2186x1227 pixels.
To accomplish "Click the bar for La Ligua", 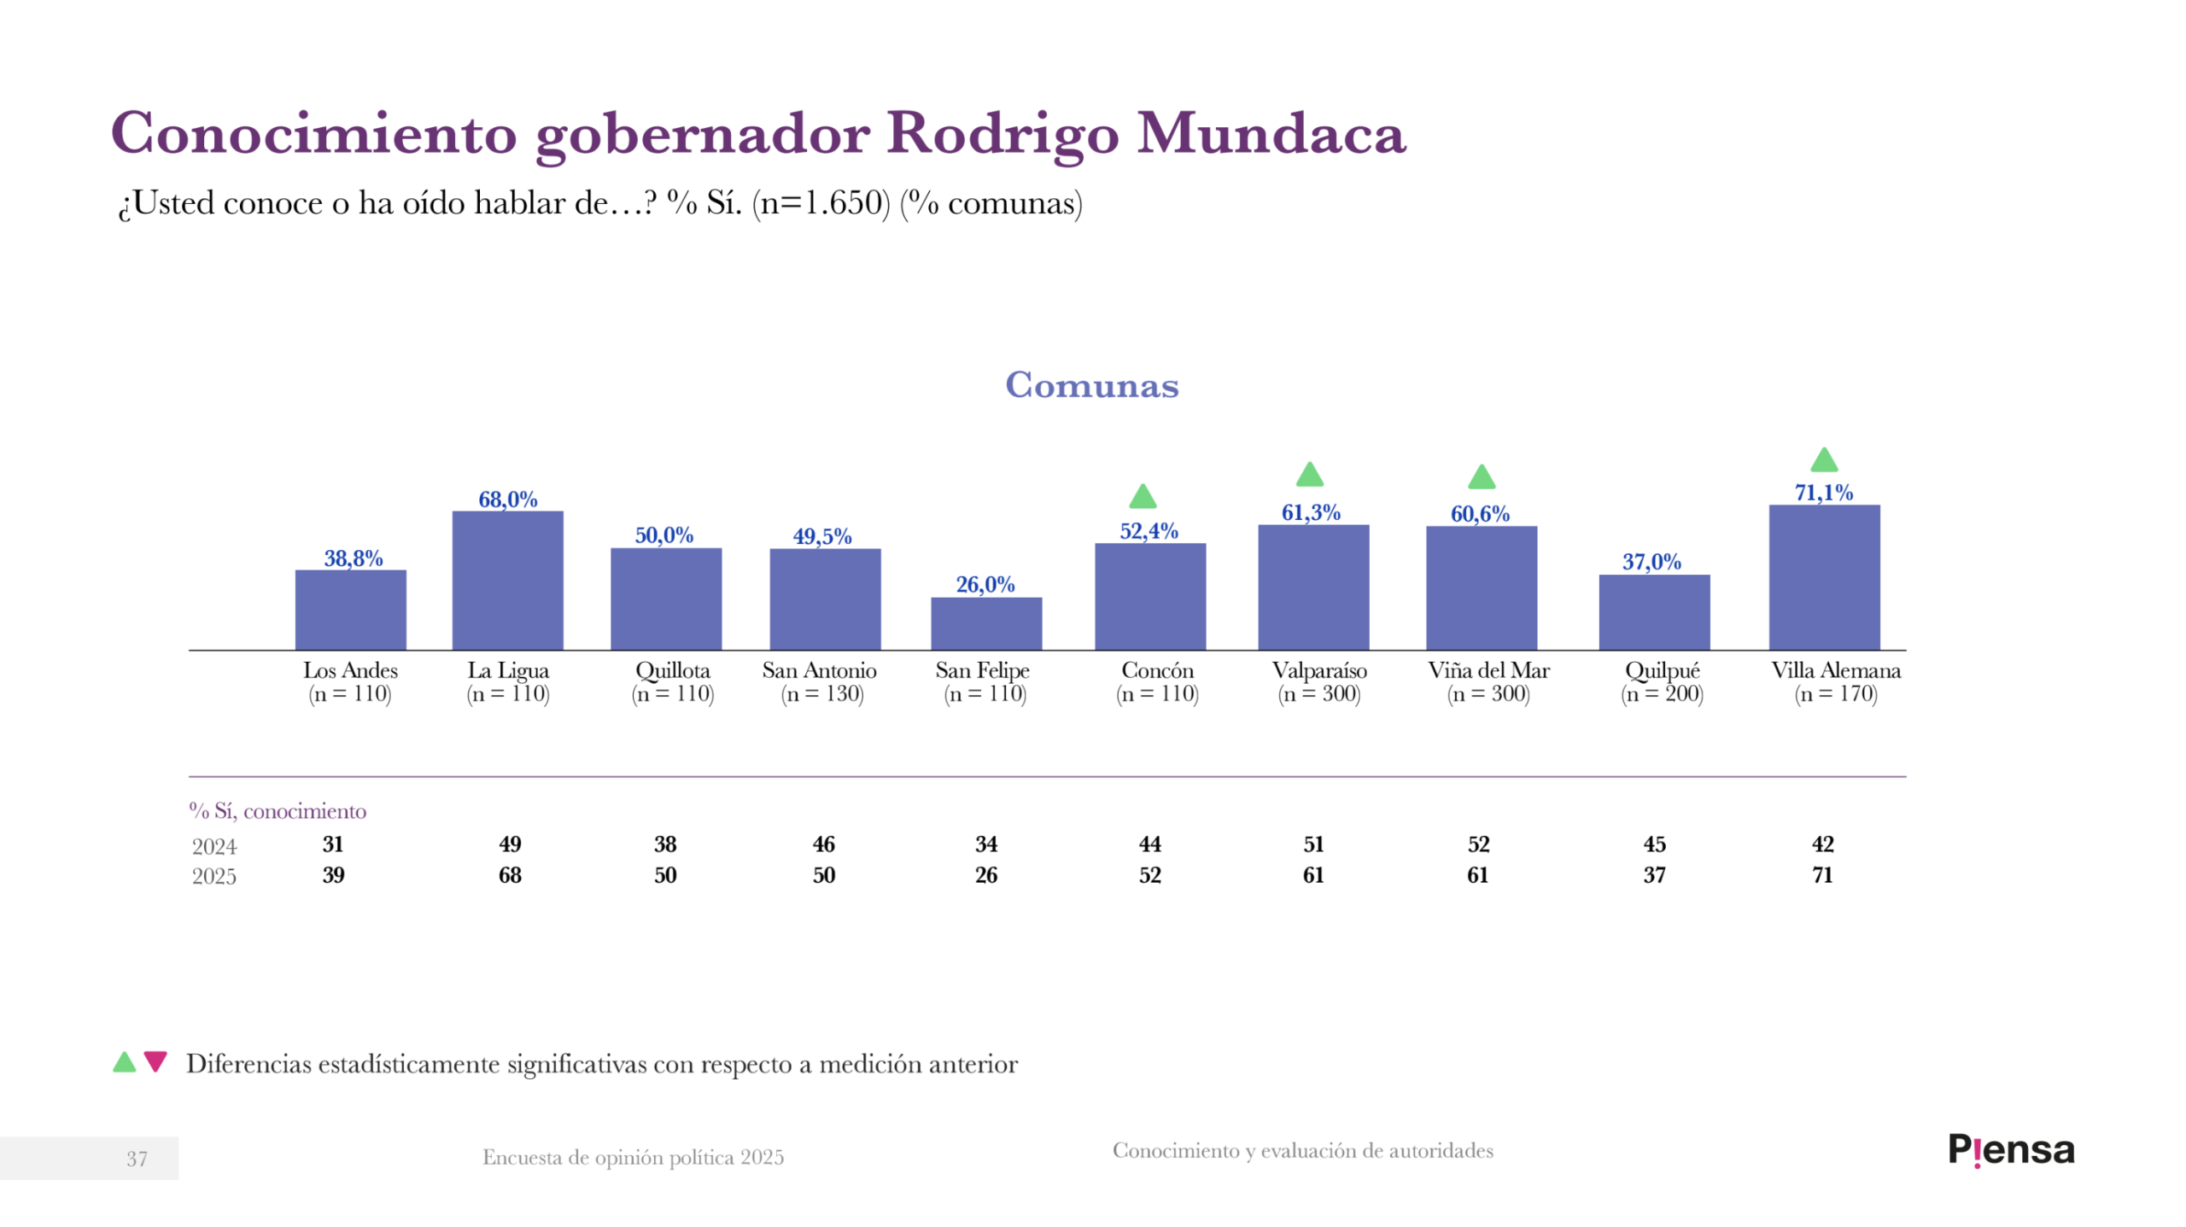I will click(507, 580).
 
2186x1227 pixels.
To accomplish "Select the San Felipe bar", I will click(985, 623).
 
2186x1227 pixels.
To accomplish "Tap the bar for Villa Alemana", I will click(1823, 577).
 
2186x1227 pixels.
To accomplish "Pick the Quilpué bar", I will click(1653, 611).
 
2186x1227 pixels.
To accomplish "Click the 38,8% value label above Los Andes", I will click(353, 558).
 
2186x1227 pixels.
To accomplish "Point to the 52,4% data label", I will click(1149, 531).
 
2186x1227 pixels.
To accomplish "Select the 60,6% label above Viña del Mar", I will click(1479, 514).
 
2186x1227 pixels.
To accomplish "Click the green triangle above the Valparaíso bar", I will click(1309, 475).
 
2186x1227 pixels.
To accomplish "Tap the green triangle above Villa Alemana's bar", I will click(1823, 460).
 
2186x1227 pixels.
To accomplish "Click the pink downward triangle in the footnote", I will click(155, 1061).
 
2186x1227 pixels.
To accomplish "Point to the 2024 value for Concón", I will click(1149, 844).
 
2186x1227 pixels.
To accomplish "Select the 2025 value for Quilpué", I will click(1654, 875).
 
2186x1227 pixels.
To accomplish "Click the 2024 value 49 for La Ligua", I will click(510, 844).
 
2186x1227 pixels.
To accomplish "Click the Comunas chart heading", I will click(1091, 385).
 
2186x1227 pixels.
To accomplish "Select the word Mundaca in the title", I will click(1271, 134).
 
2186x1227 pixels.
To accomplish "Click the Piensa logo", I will click(2010, 1150).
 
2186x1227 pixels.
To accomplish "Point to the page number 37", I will click(137, 1159).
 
